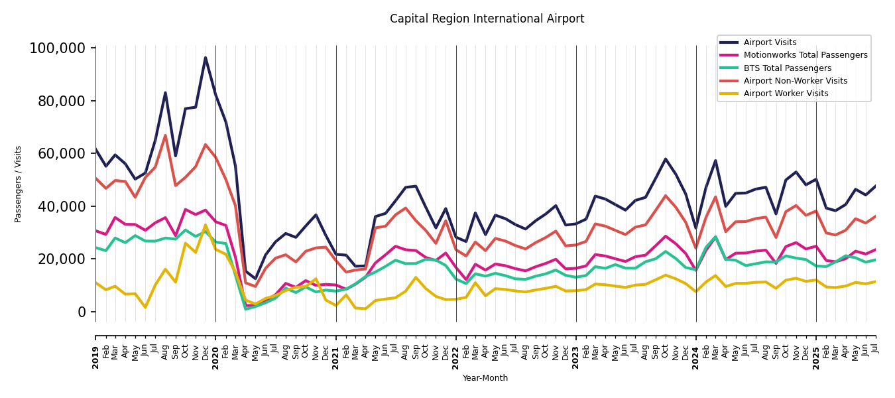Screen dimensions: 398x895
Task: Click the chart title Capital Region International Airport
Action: (x=487, y=19)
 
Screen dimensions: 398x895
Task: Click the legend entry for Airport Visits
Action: (x=770, y=42)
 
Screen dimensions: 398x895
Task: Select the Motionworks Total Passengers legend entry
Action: (x=805, y=55)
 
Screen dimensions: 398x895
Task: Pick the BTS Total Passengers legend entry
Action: (x=787, y=68)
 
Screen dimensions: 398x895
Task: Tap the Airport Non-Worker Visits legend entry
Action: (x=795, y=81)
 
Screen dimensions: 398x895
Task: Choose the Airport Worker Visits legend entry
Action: (x=786, y=94)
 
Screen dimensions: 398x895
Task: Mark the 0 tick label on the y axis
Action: (x=81, y=312)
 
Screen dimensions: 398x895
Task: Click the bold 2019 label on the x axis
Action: (x=95, y=357)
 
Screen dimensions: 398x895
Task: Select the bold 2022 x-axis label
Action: (x=456, y=357)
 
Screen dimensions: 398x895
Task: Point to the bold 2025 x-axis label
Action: (x=816, y=357)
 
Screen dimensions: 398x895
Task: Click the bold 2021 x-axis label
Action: (x=336, y=357)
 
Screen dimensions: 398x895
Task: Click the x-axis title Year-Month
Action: (x=485, y=378)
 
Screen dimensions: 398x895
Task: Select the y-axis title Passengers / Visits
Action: (x=19, y=184)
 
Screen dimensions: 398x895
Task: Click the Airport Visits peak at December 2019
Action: (x=206, y=58)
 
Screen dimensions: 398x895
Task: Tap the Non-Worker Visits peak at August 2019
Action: (x=165, y=135)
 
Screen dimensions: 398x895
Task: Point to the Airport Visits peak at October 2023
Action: (x=666, y=159)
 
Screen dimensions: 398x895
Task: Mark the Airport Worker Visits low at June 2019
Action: (x=145, y=307)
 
